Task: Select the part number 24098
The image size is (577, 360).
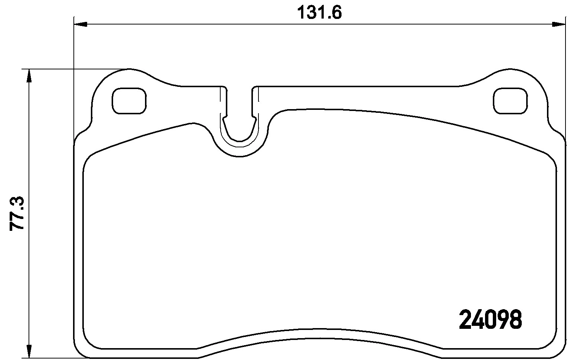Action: pyautogui.click(x=490, y=320)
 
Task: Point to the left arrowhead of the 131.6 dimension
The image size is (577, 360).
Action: pyautogui.click(x=81, y=24)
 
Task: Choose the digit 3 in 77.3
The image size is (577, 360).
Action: pyautogui.click(x=17, y=203)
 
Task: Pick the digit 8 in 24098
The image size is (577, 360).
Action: pyautogui.click(x=515, y=320)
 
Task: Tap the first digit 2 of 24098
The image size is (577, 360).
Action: pyautogui.click(x=465, y=320)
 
